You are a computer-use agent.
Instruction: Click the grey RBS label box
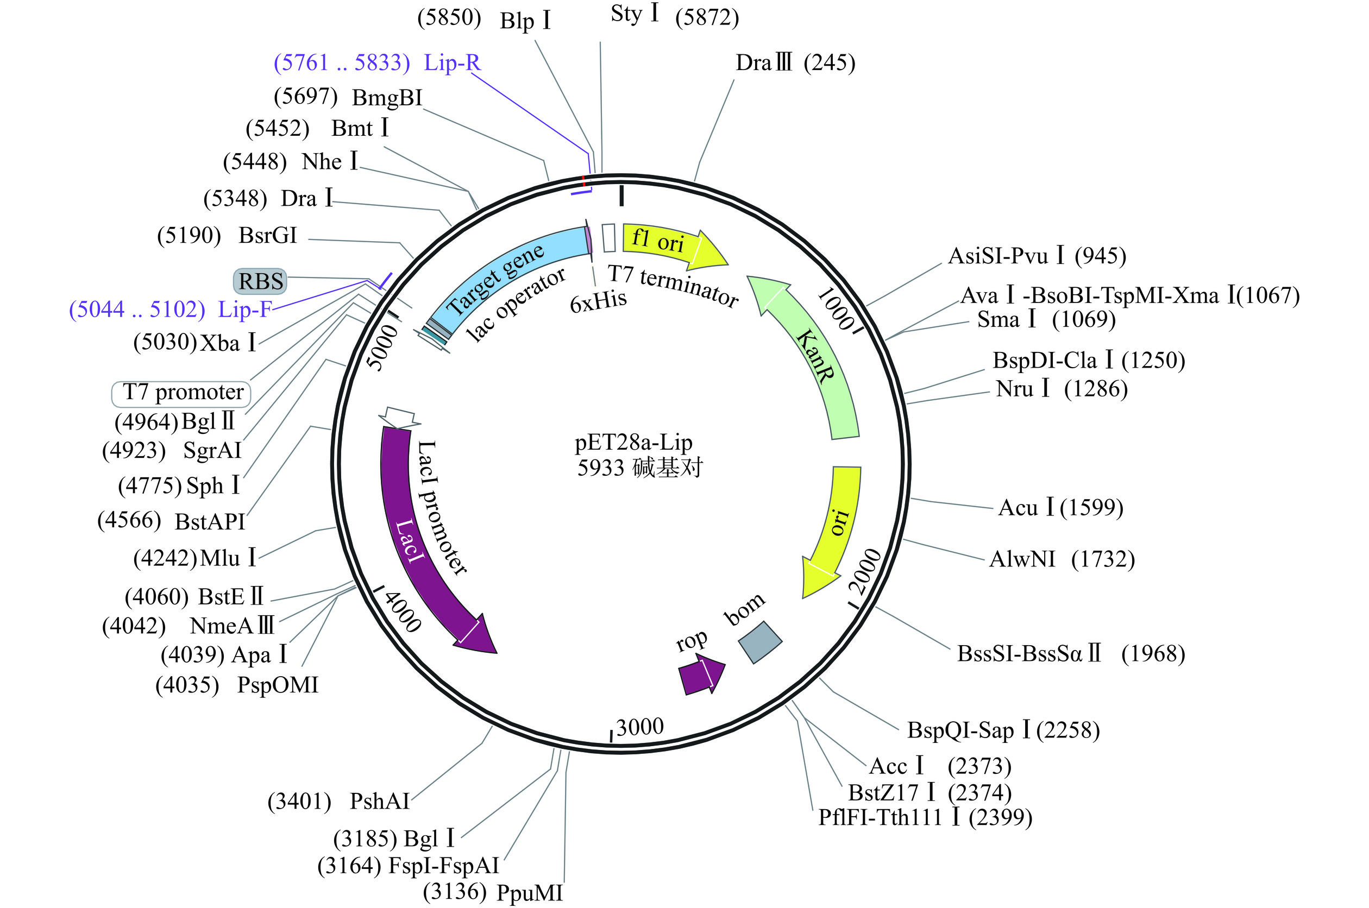pos(260,281)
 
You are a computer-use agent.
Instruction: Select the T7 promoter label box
pos(181,393)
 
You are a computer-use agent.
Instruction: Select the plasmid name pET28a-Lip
pos(633,443)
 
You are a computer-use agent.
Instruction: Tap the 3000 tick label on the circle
pos(639,727)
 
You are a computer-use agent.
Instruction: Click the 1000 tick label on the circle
pos(837,309)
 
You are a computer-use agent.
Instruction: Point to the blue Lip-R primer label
pos(377,62)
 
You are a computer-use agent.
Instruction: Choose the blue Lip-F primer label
pos(170,309)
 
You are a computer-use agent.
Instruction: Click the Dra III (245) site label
pos(795,62)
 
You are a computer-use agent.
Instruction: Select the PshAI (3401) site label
pos(338,802)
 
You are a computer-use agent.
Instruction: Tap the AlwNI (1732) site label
pos(1062,559)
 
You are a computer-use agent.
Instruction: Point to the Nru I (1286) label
pos(1062,389)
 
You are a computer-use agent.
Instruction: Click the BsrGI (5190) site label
pos(227,236)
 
